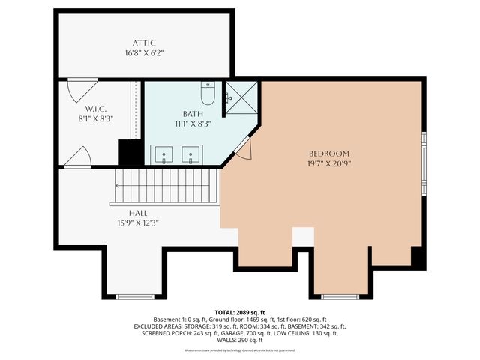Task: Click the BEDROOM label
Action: coord(328,153)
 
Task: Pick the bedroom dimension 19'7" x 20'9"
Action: coord(328,163)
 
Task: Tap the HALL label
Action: coord(136,213)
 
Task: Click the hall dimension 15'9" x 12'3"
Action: coord(136,223)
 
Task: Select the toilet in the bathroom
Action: coord(208,93)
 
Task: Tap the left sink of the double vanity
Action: coord(163,155)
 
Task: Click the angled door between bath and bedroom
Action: coord(244,148)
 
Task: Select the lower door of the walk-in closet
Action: coord(79,157)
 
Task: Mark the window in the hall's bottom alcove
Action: coord(135,297)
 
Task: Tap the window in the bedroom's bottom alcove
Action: coord(340,297)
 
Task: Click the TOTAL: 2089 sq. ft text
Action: coord(239,312)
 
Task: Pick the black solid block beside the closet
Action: coord(130,153)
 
